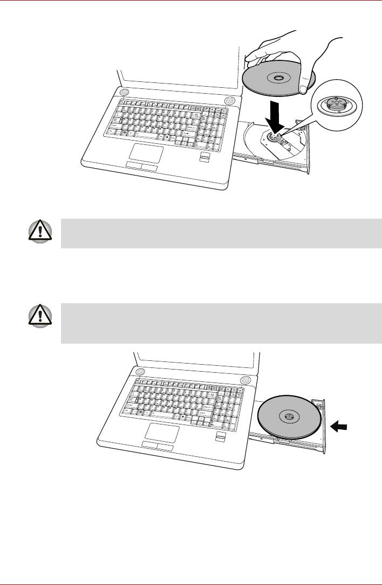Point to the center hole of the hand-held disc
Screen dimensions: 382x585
(x=277, y=79)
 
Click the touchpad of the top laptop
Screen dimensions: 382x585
(x=144, y=154)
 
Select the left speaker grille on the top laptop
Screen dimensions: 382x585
(x=125, y=93)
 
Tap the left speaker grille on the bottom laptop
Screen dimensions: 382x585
(x=140, y=372)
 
